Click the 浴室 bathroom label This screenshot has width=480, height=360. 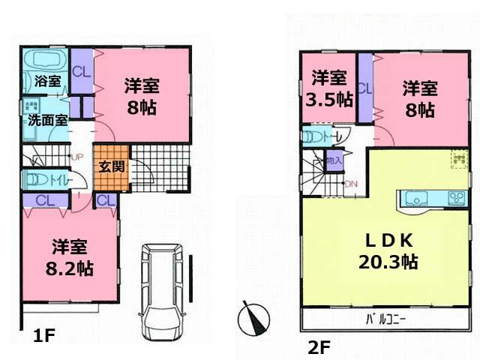click(x=47, y=82)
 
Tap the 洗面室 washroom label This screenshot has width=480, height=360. click(x=47, y=119)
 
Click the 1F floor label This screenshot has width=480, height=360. click(x=43, y=337)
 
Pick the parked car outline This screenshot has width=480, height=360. click(x=163, y=289)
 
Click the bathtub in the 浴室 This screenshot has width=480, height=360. click(x=46, y=59)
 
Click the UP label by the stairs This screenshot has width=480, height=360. click(x=76, y=157)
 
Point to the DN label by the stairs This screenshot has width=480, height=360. click(x=351, y=184)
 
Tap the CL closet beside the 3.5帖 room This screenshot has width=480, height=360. click(x=365, y=88)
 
